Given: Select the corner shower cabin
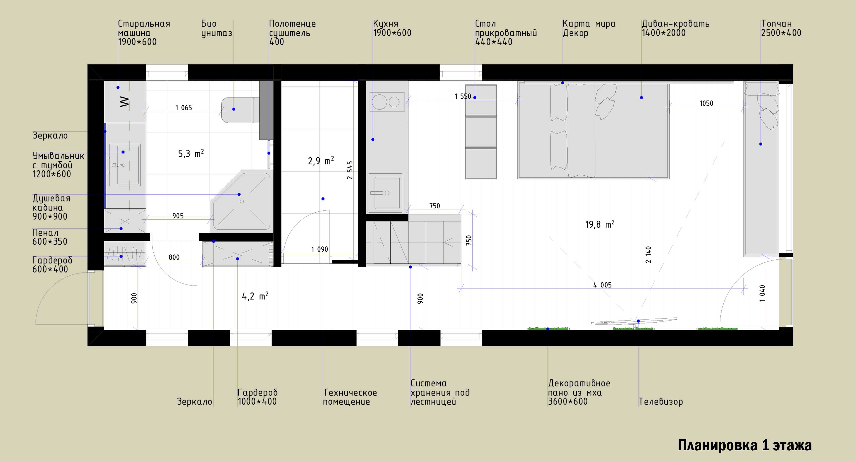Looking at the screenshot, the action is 242,200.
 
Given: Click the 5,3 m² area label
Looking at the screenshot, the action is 191,153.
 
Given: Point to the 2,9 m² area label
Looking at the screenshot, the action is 321,161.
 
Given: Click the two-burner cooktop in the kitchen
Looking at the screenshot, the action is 387,102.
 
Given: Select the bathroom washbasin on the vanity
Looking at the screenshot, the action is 125,165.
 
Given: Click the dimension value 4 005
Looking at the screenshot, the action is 603,285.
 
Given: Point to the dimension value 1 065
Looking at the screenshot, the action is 184,108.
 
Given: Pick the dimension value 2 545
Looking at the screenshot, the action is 350,170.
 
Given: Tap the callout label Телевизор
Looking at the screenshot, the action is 661,402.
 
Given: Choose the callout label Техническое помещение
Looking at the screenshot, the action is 350,397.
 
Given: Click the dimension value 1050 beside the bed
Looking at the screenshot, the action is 706,103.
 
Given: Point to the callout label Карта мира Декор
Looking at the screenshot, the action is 589,28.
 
